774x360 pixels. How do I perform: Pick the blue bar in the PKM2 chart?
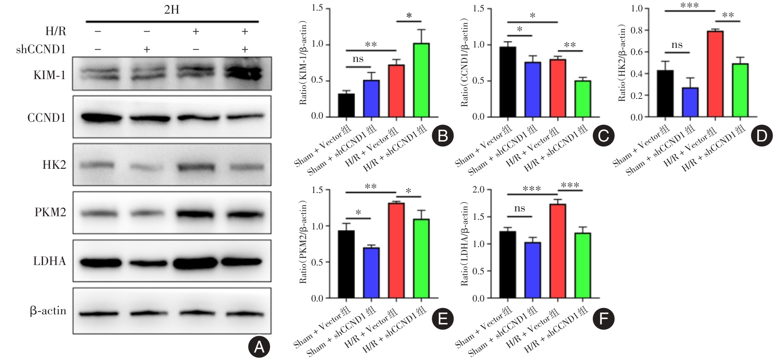click(x=371, y=273)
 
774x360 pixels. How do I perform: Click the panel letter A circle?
click(x=259, y=348)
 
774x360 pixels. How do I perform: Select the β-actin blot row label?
click(x=48, y=311)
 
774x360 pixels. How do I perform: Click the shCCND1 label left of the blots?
click(x=41, y=49)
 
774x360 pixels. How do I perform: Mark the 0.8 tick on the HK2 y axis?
click(x=637, y=30)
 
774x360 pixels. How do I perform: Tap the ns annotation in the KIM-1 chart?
click(x=358, y=59)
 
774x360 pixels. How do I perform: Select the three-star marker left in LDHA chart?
click(x=532, y=189)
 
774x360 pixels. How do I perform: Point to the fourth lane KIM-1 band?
click(x=245, y=74)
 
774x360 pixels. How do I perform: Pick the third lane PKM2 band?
click(x=196, y=214)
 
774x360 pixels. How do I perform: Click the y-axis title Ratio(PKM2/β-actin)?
click(x=303, y=243)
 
